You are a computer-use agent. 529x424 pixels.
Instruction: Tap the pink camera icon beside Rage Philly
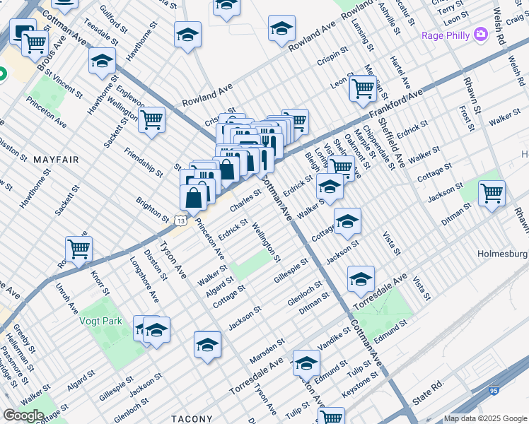tap(481, 34)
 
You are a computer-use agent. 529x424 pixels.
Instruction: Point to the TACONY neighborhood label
tap(191, 418)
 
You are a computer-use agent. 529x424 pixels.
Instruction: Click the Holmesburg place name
tap(503, 253)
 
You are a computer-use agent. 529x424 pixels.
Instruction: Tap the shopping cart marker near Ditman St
tap(491, 192)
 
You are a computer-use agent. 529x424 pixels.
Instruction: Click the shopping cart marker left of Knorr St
tap(79, 249)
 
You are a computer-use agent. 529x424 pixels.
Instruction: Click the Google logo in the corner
tap(23, 416)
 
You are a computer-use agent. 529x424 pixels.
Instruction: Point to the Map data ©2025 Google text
tap(485, 418)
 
